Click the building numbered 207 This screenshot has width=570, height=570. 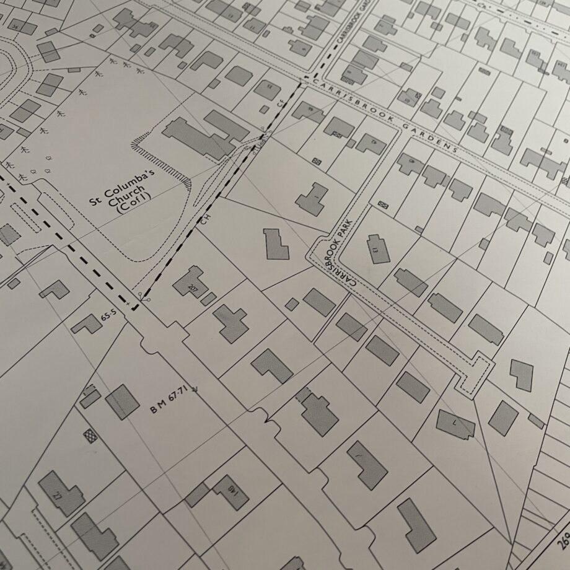point(190,283)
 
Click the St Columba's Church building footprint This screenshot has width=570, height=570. point(204,133)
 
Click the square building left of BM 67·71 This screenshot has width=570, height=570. point(122,401)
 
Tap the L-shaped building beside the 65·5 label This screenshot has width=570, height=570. point(85,323)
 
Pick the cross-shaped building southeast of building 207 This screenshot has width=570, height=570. point(230,321)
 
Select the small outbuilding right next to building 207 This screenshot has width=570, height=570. point(209,299)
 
